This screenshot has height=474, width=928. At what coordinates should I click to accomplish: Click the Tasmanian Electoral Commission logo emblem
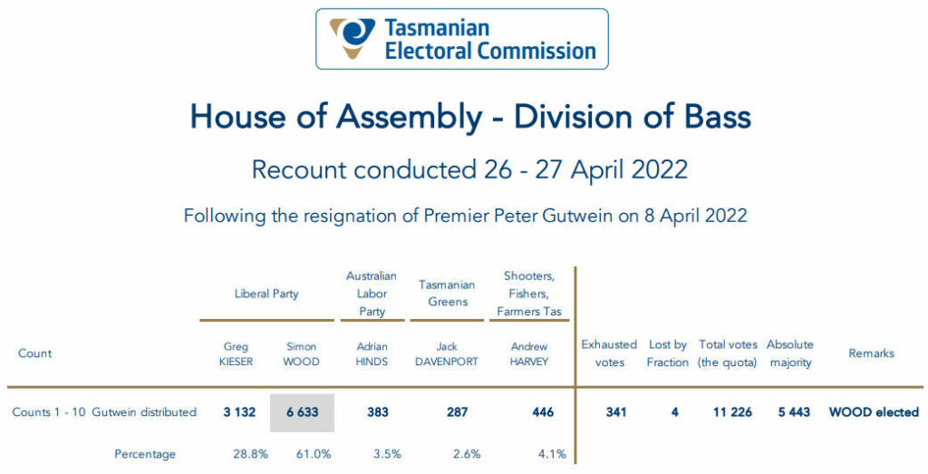[353, 38]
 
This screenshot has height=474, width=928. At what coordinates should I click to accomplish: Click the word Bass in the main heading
[718, 116]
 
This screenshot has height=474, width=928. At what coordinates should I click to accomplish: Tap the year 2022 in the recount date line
[660, 169]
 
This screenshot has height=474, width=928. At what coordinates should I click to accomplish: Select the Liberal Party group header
[266, 294]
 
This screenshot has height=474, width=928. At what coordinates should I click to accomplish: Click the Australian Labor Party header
[372, 294]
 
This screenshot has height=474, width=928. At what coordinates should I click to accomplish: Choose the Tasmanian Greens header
[448, 294]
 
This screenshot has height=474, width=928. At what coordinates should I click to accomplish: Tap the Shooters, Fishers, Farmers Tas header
[529, 294]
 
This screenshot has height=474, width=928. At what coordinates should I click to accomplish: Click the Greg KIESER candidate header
[236, 353]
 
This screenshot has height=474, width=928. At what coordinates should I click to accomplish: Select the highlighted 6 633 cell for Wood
[303, 412]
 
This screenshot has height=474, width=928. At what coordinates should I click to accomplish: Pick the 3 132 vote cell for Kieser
[239, 411]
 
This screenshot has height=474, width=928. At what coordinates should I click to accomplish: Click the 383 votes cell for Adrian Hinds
[378, 411]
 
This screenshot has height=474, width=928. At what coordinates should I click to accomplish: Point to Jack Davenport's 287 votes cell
[458, 411]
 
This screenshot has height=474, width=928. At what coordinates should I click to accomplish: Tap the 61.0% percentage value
[314, 454]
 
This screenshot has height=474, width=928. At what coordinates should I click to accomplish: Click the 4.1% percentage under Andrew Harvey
[552, 454]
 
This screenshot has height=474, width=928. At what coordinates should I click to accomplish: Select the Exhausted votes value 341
[616, 411]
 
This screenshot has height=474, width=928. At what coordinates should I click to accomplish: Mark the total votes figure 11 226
[732, 411]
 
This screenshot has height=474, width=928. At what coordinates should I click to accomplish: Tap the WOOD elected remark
[875, 411]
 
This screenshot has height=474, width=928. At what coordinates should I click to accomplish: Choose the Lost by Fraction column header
[668, 353]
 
